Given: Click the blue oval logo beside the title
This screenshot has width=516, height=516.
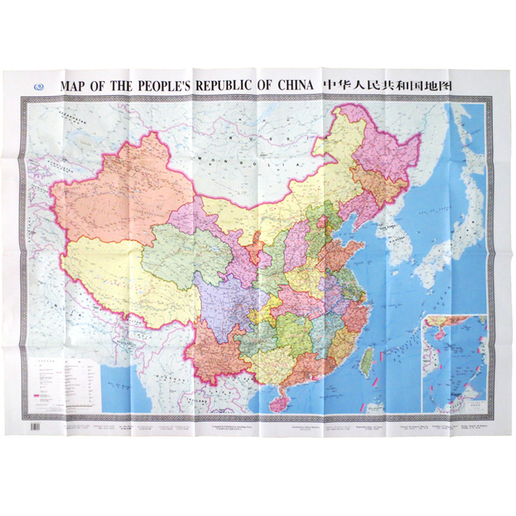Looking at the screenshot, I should pyautogui.click(x=39, y=86).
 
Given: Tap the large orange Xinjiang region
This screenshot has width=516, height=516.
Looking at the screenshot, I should pyautogui.click(x=116, y=193).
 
